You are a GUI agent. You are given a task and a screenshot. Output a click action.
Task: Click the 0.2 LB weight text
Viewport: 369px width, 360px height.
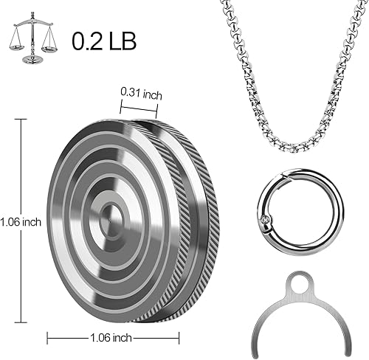tap(104, 41)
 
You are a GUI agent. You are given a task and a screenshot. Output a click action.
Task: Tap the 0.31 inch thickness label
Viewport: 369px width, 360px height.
tap(141, 93)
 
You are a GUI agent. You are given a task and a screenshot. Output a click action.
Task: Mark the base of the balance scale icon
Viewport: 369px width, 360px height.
tap(33, 58)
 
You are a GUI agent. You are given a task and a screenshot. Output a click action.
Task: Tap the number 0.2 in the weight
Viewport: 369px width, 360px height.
tap(87, 41)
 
